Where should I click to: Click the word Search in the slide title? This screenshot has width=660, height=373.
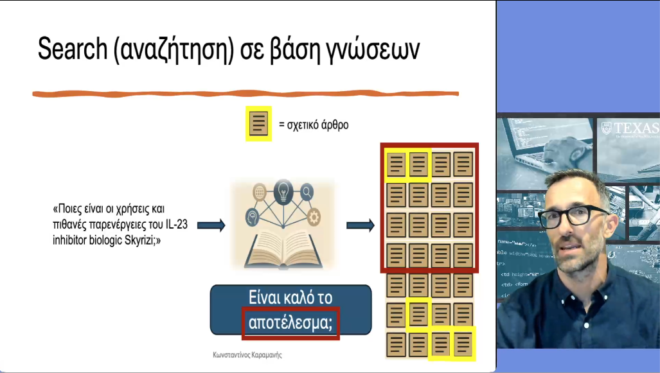(71, 49)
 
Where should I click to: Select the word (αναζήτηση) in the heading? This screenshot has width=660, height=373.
(172, 50)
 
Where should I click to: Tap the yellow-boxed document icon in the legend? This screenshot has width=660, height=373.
(259, 124)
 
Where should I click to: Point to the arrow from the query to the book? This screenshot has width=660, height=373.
(211, 225)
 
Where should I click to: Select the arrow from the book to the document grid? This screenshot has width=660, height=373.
(360, 225)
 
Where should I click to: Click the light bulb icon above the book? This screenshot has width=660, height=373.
(283, 191)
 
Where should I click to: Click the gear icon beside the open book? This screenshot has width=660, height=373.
(314, 216)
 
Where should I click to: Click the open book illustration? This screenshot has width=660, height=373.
(283, 247)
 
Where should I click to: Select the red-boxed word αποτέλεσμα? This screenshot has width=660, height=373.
(290, 323)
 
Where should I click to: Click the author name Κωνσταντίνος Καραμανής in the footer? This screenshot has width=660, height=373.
(247, 354)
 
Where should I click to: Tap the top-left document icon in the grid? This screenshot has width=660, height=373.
(396, 164)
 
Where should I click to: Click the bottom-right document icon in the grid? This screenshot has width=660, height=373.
(463, 345)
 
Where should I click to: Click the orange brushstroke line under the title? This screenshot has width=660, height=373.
(244, 94)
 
